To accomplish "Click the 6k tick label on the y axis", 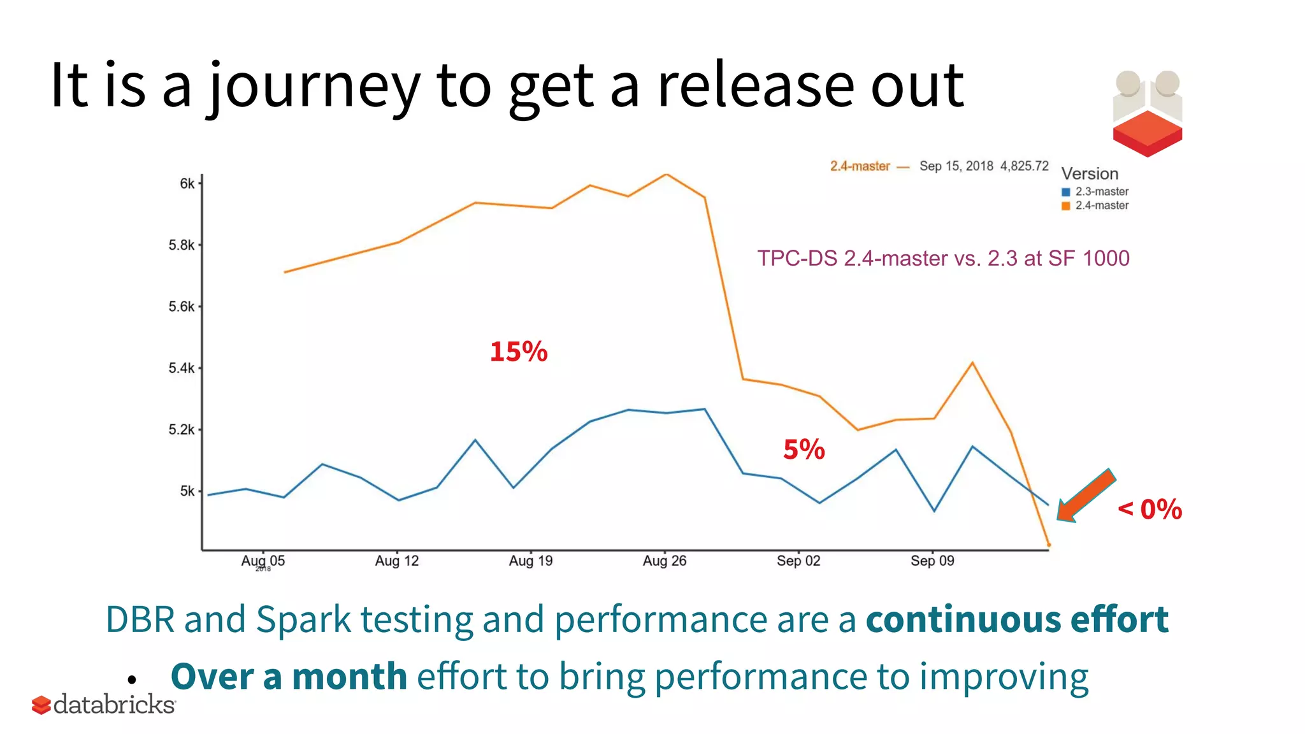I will click(187, 183).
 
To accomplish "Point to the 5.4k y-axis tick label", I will click(182, 368).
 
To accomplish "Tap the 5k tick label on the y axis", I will click(187, 491).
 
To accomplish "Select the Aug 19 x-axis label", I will click(530, 561).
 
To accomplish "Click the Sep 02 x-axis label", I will click(798, 561).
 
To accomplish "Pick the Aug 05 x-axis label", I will click(263, 561).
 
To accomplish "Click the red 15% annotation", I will click(518, 352).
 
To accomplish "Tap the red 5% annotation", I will click(804, 450).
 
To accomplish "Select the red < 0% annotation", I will click(1150, 509).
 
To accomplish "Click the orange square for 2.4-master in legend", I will click(1065, 206).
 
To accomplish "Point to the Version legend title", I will click(1090, 174).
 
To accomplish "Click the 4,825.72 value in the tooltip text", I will click(1024, 166).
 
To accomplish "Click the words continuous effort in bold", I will click(1017, 619).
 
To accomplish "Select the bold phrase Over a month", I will click(289, 677).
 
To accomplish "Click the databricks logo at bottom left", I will click(104, 705).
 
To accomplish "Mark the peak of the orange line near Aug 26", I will click(666, 174).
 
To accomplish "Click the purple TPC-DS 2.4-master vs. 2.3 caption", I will click(943, 258).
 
